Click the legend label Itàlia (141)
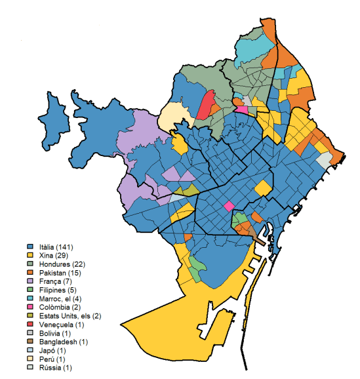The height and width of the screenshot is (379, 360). point(56,247)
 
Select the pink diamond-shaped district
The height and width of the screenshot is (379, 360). point(229,206)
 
